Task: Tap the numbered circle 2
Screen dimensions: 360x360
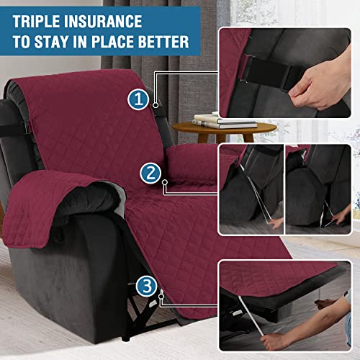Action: [x=150, y=173]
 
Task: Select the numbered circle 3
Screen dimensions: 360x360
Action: [x=148, y=287]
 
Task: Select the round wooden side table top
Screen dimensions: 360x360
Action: [x=224, y=128]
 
